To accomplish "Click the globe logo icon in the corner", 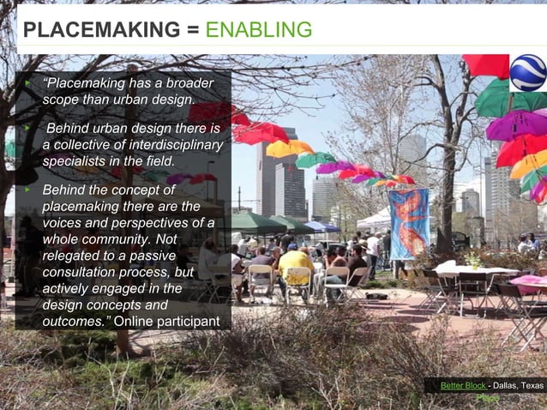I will click(527, 73).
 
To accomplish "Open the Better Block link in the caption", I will click(462, 386).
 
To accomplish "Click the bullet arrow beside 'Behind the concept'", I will click(27, 189).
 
